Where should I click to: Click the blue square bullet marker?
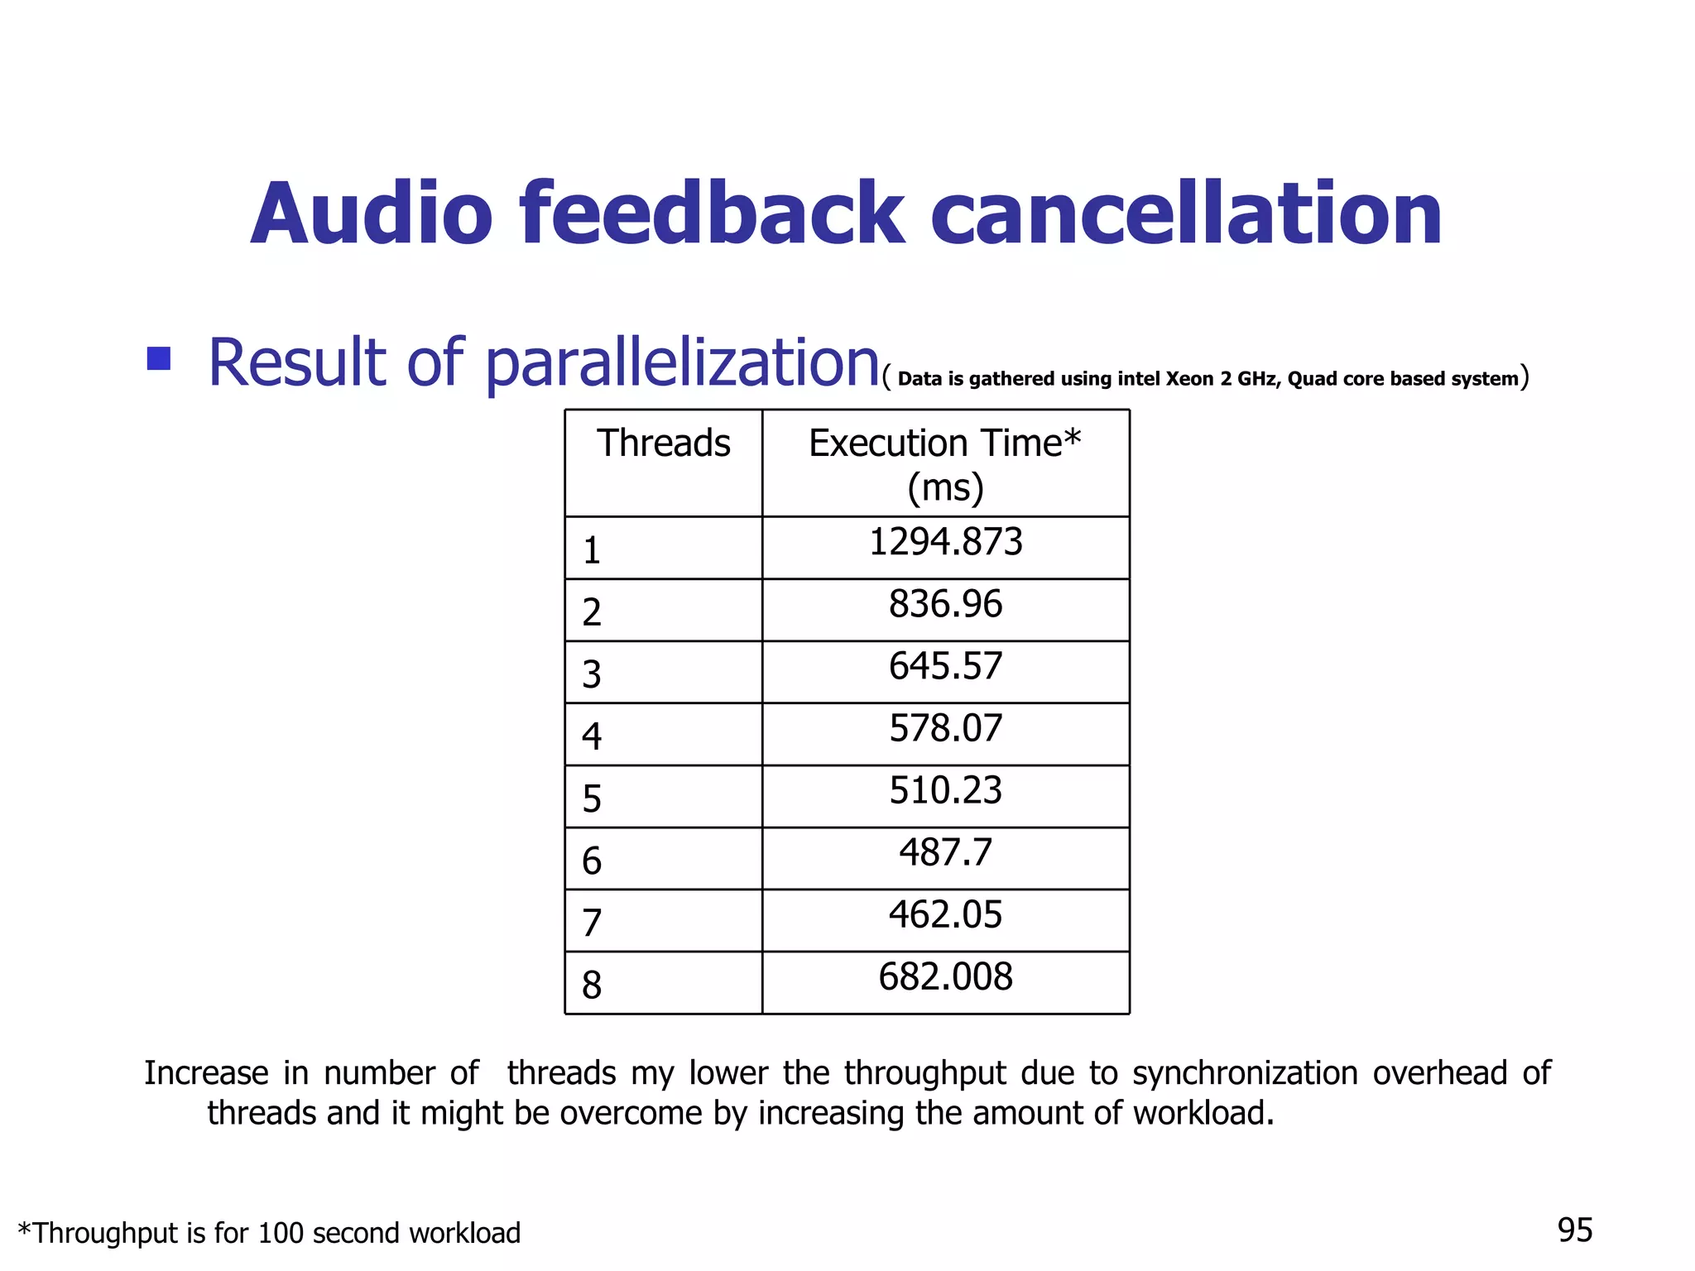point(158,358)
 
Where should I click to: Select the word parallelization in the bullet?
point(682,363)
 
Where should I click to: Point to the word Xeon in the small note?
point(1190,379)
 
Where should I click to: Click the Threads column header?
point(663,444)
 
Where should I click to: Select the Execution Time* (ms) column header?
point(945,464)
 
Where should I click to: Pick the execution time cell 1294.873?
point(945,542)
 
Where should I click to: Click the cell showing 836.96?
point(945,604)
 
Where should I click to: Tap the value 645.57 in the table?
point(945,666)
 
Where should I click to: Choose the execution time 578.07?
point(945,728)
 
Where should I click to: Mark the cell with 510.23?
point(945,790)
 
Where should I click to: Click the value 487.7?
point(945,852)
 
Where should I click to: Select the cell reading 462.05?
point(945,914)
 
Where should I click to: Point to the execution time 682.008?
point(945,976)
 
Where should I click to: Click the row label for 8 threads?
point(592,985)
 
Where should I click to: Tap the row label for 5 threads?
point(592,799)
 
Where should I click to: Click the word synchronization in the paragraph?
point(1245,1073)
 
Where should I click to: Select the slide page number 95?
point(1574,1230)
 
